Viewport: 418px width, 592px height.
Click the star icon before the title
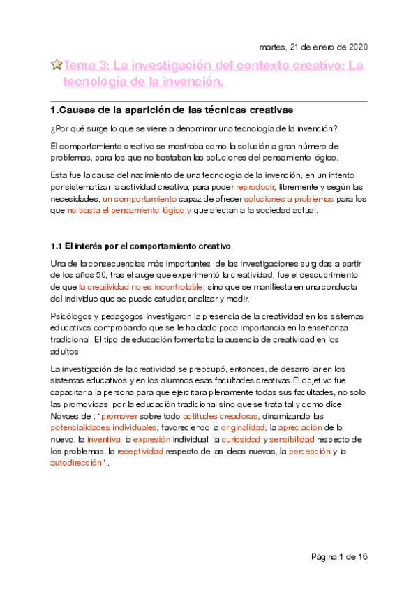coord(57,66)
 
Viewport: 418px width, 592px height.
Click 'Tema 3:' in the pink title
coord(86,66)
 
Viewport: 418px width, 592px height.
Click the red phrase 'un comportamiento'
coord(140,199)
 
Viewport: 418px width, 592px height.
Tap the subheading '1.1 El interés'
coord(80,246)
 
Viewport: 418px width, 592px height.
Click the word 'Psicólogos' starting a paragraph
coord(70,316)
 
